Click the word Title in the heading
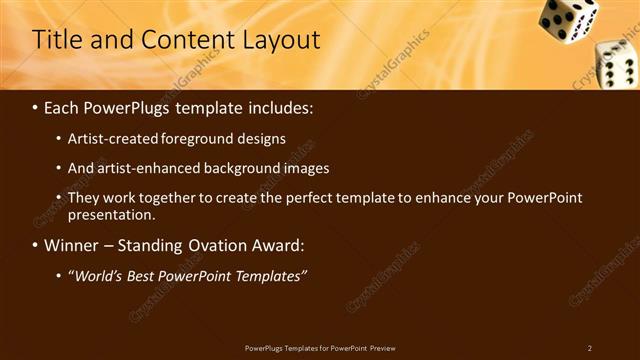point(55,40)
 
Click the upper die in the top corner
point(567,19)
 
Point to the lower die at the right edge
point(617,64)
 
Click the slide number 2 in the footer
point(590,348)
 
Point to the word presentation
point(111,214)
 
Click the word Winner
point(72,245)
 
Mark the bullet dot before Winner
point(36,245)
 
